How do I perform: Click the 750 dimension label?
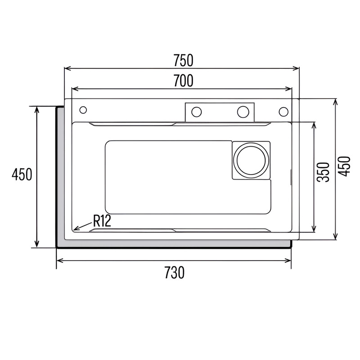point(183,60)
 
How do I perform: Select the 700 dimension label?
point(183,81)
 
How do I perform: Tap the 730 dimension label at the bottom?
point(175,273)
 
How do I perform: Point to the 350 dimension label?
point(323,172)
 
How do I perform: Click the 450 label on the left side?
point(22,174)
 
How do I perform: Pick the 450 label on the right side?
point(344,166)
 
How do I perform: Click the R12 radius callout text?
point(102,221)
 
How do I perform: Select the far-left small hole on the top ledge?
point(83,110)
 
